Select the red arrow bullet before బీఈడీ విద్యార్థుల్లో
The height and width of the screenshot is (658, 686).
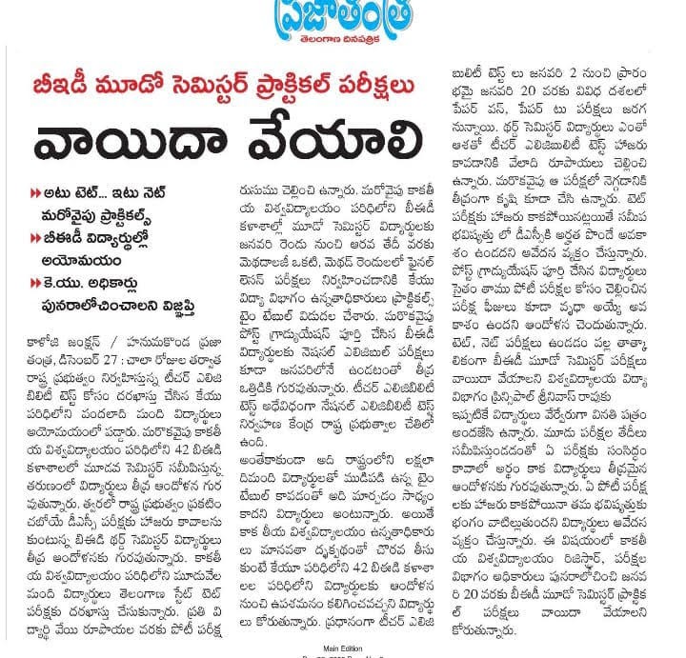tap(36, 237)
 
